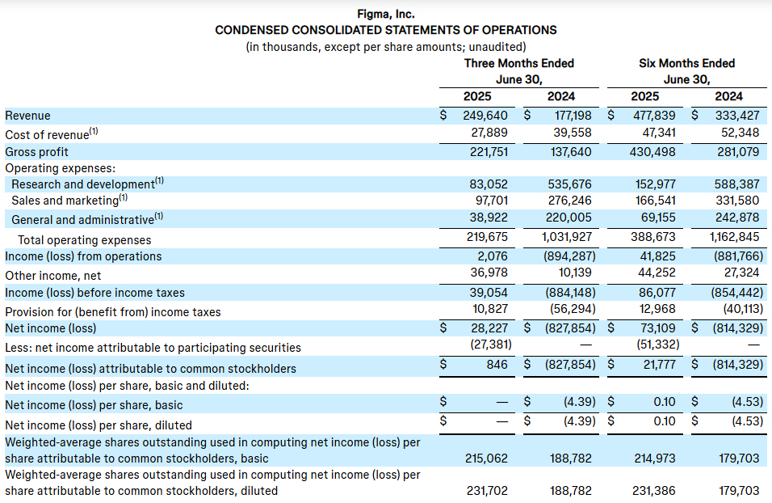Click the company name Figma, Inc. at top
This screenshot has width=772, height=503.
[x=385, y=15]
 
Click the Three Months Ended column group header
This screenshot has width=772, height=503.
[x=519, y=63]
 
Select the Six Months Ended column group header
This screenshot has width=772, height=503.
[x=687, y=63]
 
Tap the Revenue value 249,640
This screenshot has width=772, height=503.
[x=485, y=116]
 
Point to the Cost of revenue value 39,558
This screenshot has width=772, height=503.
[x=571, y=133]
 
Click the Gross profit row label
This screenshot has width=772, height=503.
[x=36, y=152]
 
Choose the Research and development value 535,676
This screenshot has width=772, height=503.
[x=569, y=184]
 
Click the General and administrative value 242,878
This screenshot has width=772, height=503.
[x=737, y=217]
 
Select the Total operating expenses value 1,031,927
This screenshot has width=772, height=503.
[x=567, y=237]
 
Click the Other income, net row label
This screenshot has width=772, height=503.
[x=52, y=276]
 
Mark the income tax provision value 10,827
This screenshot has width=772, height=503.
[x=489, y=309]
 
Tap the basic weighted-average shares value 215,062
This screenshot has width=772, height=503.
[x=486, y=459]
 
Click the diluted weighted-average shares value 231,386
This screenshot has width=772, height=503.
[x=654, y=491]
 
